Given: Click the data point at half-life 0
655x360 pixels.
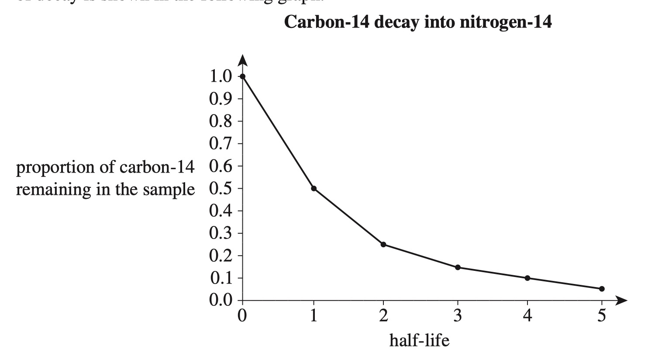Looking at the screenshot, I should (243, 76).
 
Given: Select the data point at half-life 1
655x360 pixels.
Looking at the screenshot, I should (314, 188).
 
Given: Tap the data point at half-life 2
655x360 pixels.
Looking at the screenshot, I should (383, 244).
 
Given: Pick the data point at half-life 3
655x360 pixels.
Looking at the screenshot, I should (458, 267).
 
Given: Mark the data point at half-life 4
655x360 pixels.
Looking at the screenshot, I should (527, 278).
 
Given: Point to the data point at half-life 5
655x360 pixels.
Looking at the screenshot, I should (602, 289).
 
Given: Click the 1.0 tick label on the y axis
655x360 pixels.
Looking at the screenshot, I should (221, 76).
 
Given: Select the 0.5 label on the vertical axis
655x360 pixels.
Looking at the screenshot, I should (221, 189).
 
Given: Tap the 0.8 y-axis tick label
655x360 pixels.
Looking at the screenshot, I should (221, 121).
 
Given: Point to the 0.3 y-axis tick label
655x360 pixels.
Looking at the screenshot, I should (221, 233).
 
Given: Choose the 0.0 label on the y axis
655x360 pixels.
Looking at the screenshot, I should (221, 301).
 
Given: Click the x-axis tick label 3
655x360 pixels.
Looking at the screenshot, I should (458, 315).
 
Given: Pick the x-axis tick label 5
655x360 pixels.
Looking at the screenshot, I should (602, 315).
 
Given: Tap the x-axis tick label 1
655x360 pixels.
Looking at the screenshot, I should (314, 315).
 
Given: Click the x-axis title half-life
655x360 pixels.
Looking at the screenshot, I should (419, 339).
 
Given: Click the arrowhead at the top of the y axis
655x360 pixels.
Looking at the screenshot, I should (243, 60).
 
